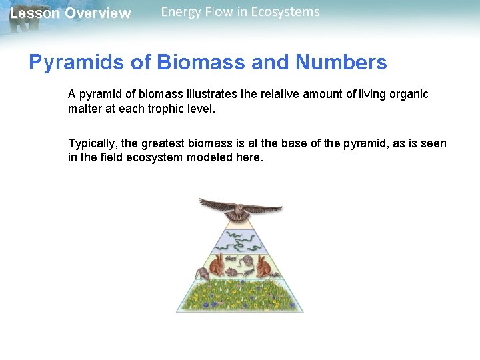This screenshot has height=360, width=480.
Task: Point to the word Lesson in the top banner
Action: pyautogui.click(x=35, y=13)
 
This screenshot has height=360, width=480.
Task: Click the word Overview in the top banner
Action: pyautogui.click(x=98, y=13)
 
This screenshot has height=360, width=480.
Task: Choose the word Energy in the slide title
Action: pyautogui.click(x=183, y=12)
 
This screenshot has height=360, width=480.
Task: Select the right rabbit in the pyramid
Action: pyautogui.click(x=263, y=267)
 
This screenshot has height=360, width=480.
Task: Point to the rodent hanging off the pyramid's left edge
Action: pyautogui.click(x=201, y=274)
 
